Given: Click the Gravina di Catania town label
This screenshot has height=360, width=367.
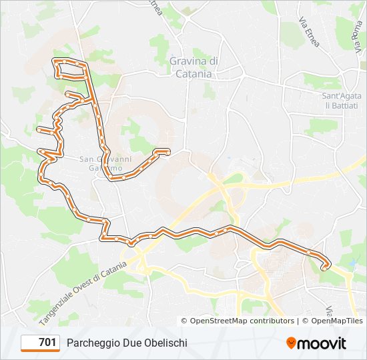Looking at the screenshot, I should click(x=194, y=67).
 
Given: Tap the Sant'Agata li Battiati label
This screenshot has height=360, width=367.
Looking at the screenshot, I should click(x=342, y=101).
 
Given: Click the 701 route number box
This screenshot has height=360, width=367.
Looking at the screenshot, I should click(x=41, y=343).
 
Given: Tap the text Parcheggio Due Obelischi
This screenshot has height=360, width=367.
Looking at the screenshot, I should click(x=127, y=343).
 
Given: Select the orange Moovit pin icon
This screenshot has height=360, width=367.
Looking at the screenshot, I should click(x=291, y=343).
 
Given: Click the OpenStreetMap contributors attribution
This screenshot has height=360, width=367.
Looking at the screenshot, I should click(x=237, y=321).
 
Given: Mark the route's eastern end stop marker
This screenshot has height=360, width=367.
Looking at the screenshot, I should click(x=325, y=267).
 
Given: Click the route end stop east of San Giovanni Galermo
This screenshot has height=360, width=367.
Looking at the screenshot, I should click(x=167, y=152).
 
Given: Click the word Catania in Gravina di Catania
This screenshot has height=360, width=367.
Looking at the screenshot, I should click(x=194, y=74).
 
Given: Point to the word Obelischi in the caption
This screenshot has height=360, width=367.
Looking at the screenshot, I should click(x=165, y=343).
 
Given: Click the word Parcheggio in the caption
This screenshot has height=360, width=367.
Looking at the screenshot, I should click(x=91, y=343).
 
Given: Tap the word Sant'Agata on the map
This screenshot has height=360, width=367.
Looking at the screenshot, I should click(x=342, y=96).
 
